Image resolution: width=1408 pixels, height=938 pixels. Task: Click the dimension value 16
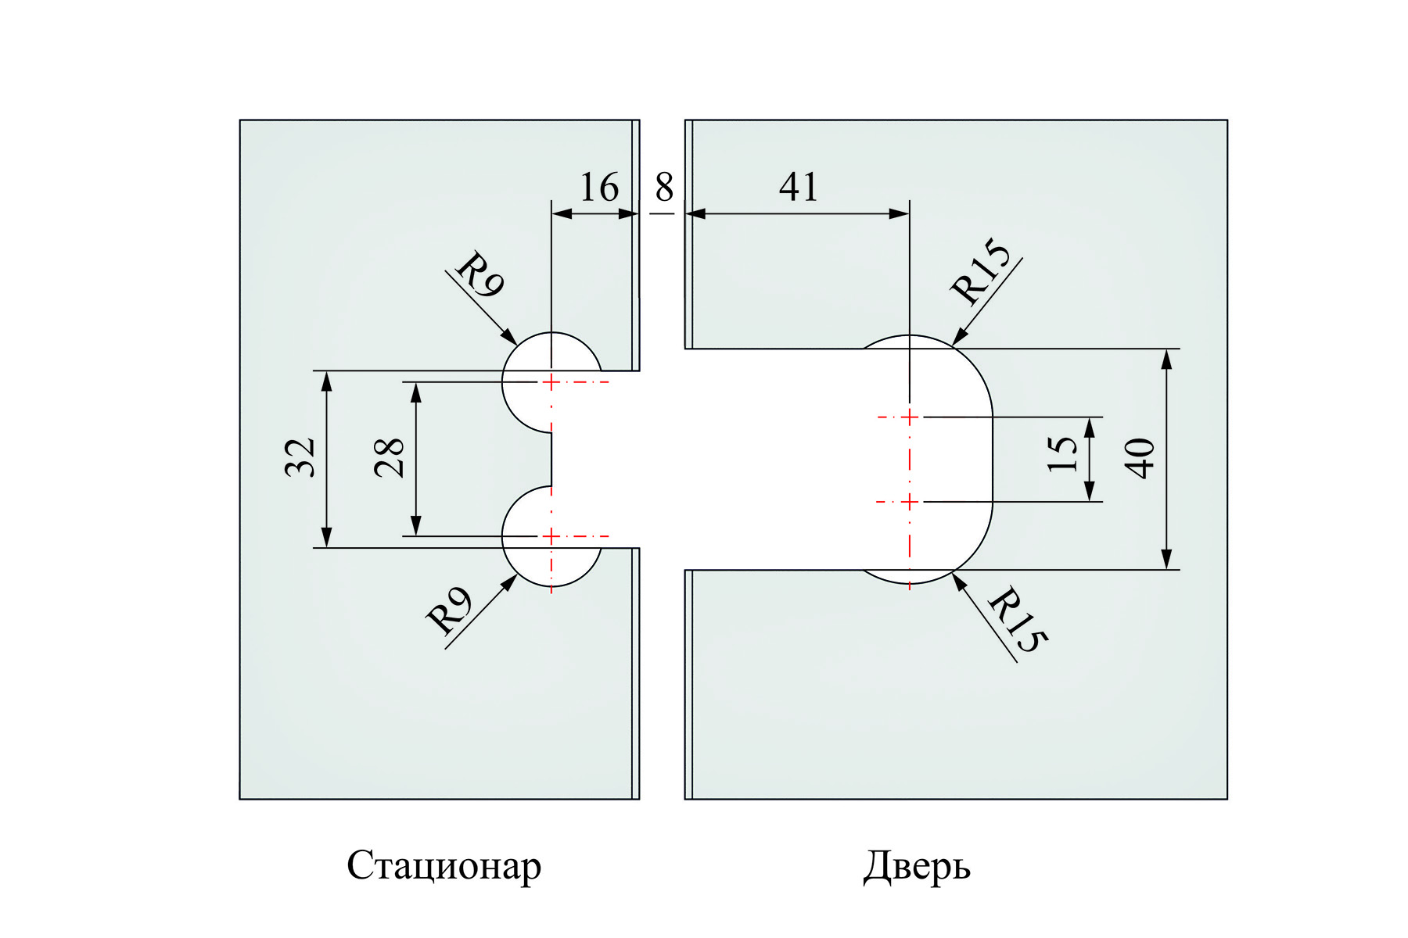[x=598, y=188]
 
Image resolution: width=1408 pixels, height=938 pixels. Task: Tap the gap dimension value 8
[x=663, y=188]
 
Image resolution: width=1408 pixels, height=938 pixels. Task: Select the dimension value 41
[x=799, y=188]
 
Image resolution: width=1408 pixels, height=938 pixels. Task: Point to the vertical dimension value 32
[x=300, y=457]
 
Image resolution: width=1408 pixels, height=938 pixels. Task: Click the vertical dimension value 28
[x=390, y=457]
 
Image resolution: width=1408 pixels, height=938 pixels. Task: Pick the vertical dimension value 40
[x=1141, y=458]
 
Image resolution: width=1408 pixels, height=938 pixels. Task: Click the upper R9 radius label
[x=479, y=275]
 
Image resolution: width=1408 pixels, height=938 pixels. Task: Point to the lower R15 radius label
[x=1016, y=621]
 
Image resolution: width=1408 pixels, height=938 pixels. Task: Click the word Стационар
[x=444, y=866]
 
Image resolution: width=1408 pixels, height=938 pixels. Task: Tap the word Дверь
[x=917, y=866]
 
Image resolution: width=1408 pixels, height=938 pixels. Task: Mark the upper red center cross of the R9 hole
[x=551, y=381]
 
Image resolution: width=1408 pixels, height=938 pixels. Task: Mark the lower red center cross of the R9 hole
[x=551, y=536]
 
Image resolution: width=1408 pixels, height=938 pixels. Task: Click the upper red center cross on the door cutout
[x=909, y=417]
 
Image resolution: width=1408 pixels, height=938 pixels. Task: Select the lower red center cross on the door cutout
[x=909, y=501]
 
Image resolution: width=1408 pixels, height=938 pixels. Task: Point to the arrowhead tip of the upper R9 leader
[x=515, y=343]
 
